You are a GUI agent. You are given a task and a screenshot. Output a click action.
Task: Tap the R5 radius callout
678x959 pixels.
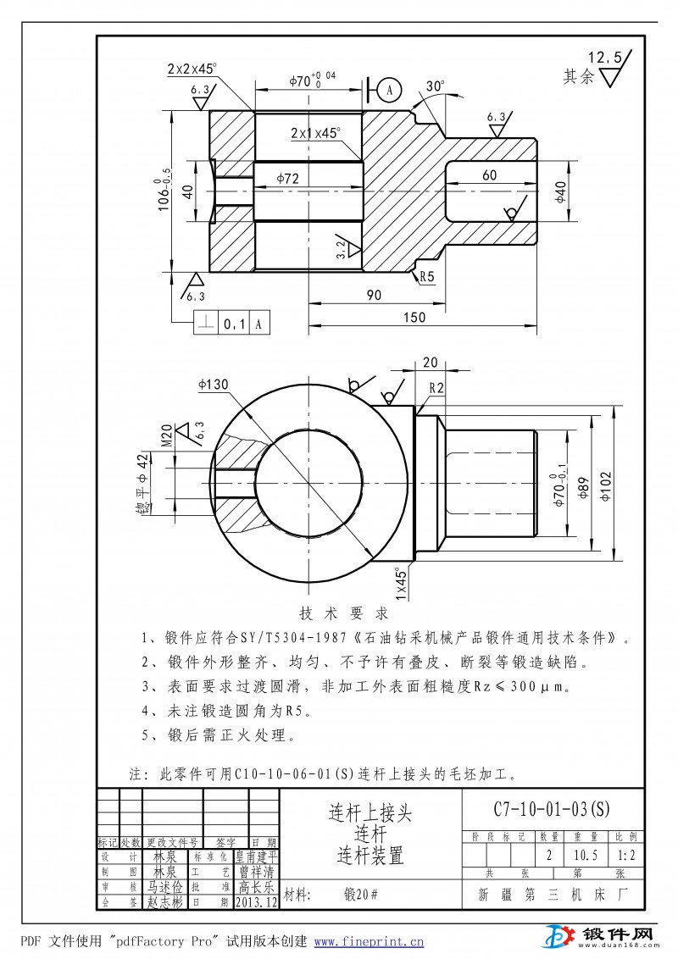[x=426, y=276]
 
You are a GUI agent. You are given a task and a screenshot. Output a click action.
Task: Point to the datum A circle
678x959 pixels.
[x=389, y=88]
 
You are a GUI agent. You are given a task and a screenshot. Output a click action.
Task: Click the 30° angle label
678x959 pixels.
[x=436, y=86]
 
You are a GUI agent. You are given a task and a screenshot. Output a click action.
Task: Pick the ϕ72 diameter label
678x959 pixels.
[x=290, y=178]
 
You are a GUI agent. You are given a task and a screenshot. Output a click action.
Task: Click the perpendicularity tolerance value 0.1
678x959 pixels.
[x=233, y=323]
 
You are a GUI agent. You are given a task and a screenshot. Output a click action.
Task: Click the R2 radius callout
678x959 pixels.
[x=436, y=387]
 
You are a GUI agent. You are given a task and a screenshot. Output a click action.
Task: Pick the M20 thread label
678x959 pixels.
[x=166, y=434]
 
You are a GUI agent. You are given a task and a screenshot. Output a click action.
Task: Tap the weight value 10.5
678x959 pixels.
[x=586, y=855]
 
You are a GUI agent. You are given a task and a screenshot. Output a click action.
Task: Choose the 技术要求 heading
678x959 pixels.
[x=344, y=613]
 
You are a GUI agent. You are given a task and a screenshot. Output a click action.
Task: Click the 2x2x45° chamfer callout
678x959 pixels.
[x=192, y=68]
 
